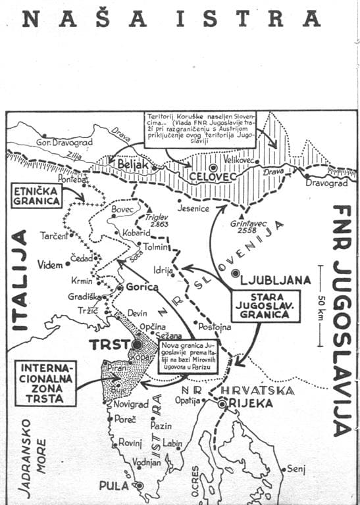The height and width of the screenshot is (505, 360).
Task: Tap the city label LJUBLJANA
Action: (276, 279)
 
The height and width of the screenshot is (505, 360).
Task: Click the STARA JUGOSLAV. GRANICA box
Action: (265, 306)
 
